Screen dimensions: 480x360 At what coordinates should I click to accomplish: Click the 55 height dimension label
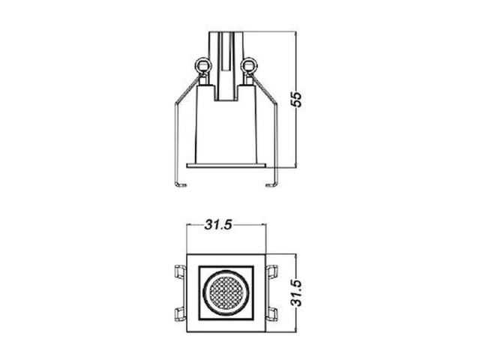coord(296,98)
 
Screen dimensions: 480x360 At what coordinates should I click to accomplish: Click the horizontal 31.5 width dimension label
coord(218,225)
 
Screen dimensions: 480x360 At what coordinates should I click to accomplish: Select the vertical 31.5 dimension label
coord(296,293)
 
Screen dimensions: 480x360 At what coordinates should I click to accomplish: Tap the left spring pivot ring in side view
coord(203,65)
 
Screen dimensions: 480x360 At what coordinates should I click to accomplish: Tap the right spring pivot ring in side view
coord(249,65)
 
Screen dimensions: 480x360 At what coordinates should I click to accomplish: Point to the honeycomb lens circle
coord(226,293)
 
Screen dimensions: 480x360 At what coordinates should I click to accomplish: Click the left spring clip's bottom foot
coord(180,184)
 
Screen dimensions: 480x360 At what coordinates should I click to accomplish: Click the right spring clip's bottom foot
coord(271,184)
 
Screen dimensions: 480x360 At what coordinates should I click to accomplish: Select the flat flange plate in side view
coord(226,165)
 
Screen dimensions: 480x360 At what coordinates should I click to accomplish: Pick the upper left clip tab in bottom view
coord(180,271)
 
